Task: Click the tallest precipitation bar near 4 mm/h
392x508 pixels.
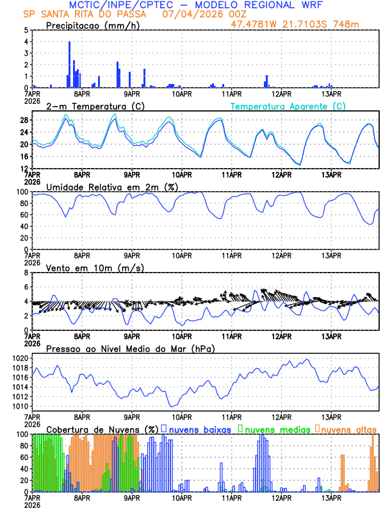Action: (x=69, y=64)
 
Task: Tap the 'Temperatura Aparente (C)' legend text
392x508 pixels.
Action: (x=288, y=106)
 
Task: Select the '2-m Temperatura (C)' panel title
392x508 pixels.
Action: (x=95, y=106)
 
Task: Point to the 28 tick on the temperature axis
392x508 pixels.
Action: (x=25, y=120)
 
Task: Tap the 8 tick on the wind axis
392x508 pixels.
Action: (x=27, y=273)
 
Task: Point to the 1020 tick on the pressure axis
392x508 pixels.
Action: (x=20, y=358)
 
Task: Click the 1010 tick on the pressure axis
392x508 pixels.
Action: (x=20, y=406)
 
